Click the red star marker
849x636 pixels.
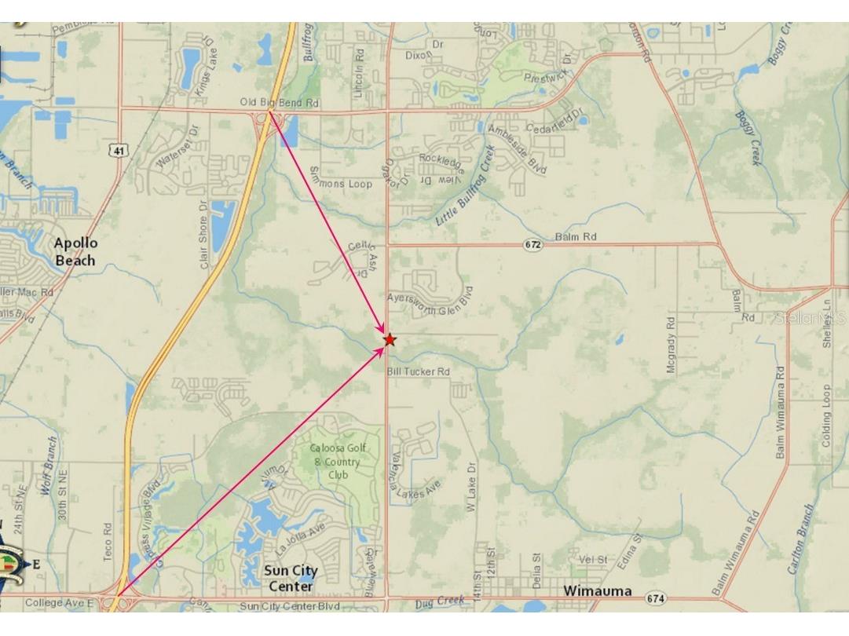click(x=390, y=339)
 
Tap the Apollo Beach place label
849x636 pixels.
click(x=75, y=252)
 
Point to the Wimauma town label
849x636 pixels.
click(x=598, y=590)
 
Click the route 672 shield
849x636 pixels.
click(x=533, y=244)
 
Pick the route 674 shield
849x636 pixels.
click(x=656, y=598)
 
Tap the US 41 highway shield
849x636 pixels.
click(x=119, y=149)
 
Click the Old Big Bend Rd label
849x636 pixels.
click(x=280, y=103)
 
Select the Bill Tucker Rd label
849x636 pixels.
click(x=418, y=371)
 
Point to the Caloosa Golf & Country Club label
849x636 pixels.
click(x=335, y=461)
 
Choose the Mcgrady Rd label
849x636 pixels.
click(x=671, y=345)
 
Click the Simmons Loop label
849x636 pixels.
click(x=340, y=180)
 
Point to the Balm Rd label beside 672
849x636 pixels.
click(x=575, y=236)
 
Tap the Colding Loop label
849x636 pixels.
click(x=826, y=416)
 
